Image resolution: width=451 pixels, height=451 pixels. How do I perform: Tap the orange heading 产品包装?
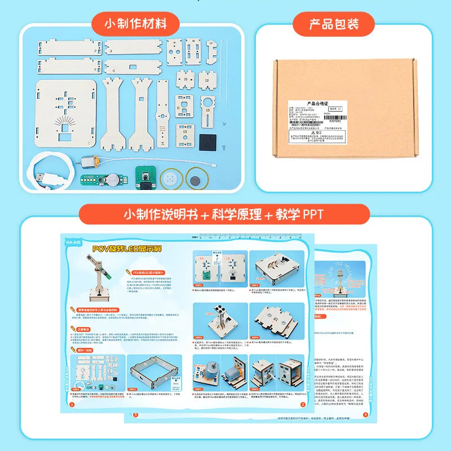click(333, 24)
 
